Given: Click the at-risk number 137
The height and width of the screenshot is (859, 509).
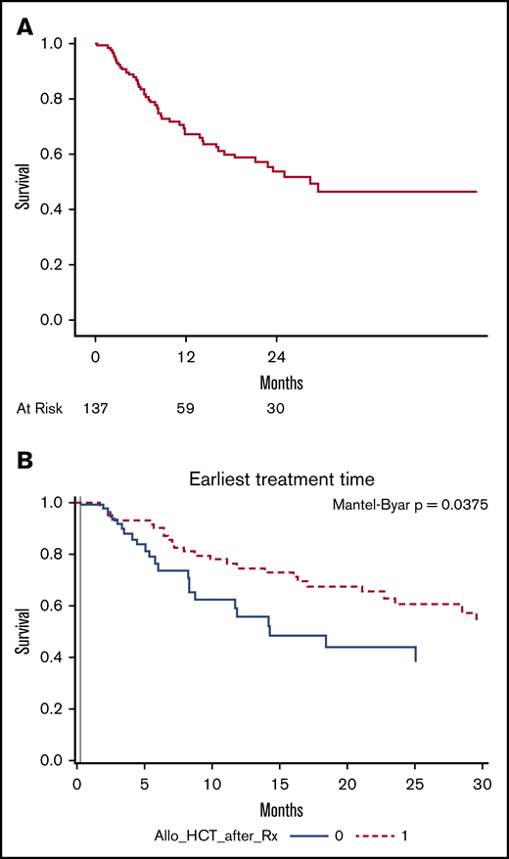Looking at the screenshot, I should click(x=95, y=409).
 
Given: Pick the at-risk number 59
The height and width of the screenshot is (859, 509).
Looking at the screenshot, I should click(x=186, y=409).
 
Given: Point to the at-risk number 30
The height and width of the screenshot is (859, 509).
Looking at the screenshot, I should click(x=277, y=409).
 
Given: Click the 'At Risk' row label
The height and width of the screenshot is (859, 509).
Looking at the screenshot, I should click(x=39, y=409).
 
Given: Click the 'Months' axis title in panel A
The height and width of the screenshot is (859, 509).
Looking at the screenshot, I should click(x=281, y=381).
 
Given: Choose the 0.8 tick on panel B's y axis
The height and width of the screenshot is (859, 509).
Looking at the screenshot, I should click(x=56, y=555).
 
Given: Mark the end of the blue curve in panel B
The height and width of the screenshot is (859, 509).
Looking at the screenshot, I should click(x=416, y=661).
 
